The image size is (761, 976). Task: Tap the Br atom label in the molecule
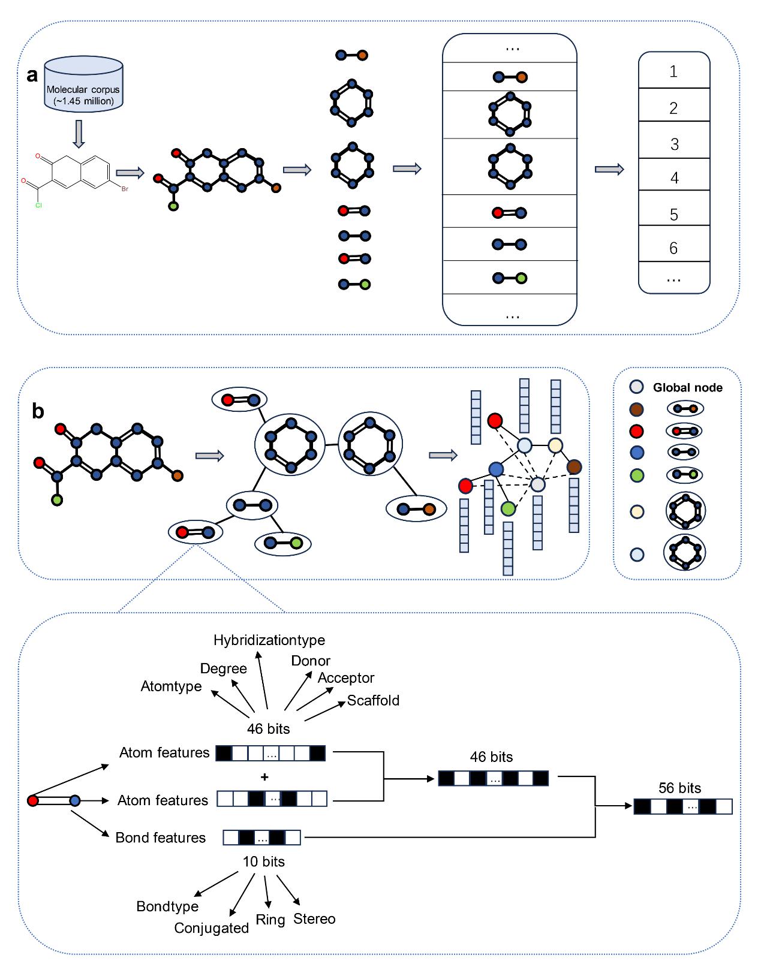click(125, 189)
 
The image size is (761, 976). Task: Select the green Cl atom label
click(38, 205)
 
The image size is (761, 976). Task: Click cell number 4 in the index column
click(674, 178)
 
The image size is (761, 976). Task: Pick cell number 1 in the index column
click(673, 72)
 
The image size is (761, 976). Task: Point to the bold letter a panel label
click(32, 75)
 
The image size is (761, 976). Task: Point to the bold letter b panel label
click(38, 411)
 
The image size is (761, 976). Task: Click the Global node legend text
click(687, 388)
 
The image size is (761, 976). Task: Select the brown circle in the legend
click(636, 409)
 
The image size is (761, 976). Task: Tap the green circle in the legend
click(637, 475)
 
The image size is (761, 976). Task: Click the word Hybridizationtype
click(269, 640)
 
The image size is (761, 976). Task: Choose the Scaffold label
click(373, 700)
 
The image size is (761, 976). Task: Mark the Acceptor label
click(346, 678)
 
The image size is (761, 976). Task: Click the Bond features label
click(160, 838)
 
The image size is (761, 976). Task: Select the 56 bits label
click(679, 788)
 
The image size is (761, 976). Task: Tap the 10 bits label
click(263, 861)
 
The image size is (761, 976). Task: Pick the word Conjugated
click(211, 928)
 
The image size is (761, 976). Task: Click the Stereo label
click(314, 919)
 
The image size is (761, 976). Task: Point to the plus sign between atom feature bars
click(264, 777)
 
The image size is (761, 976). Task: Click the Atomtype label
click(171, 686)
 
